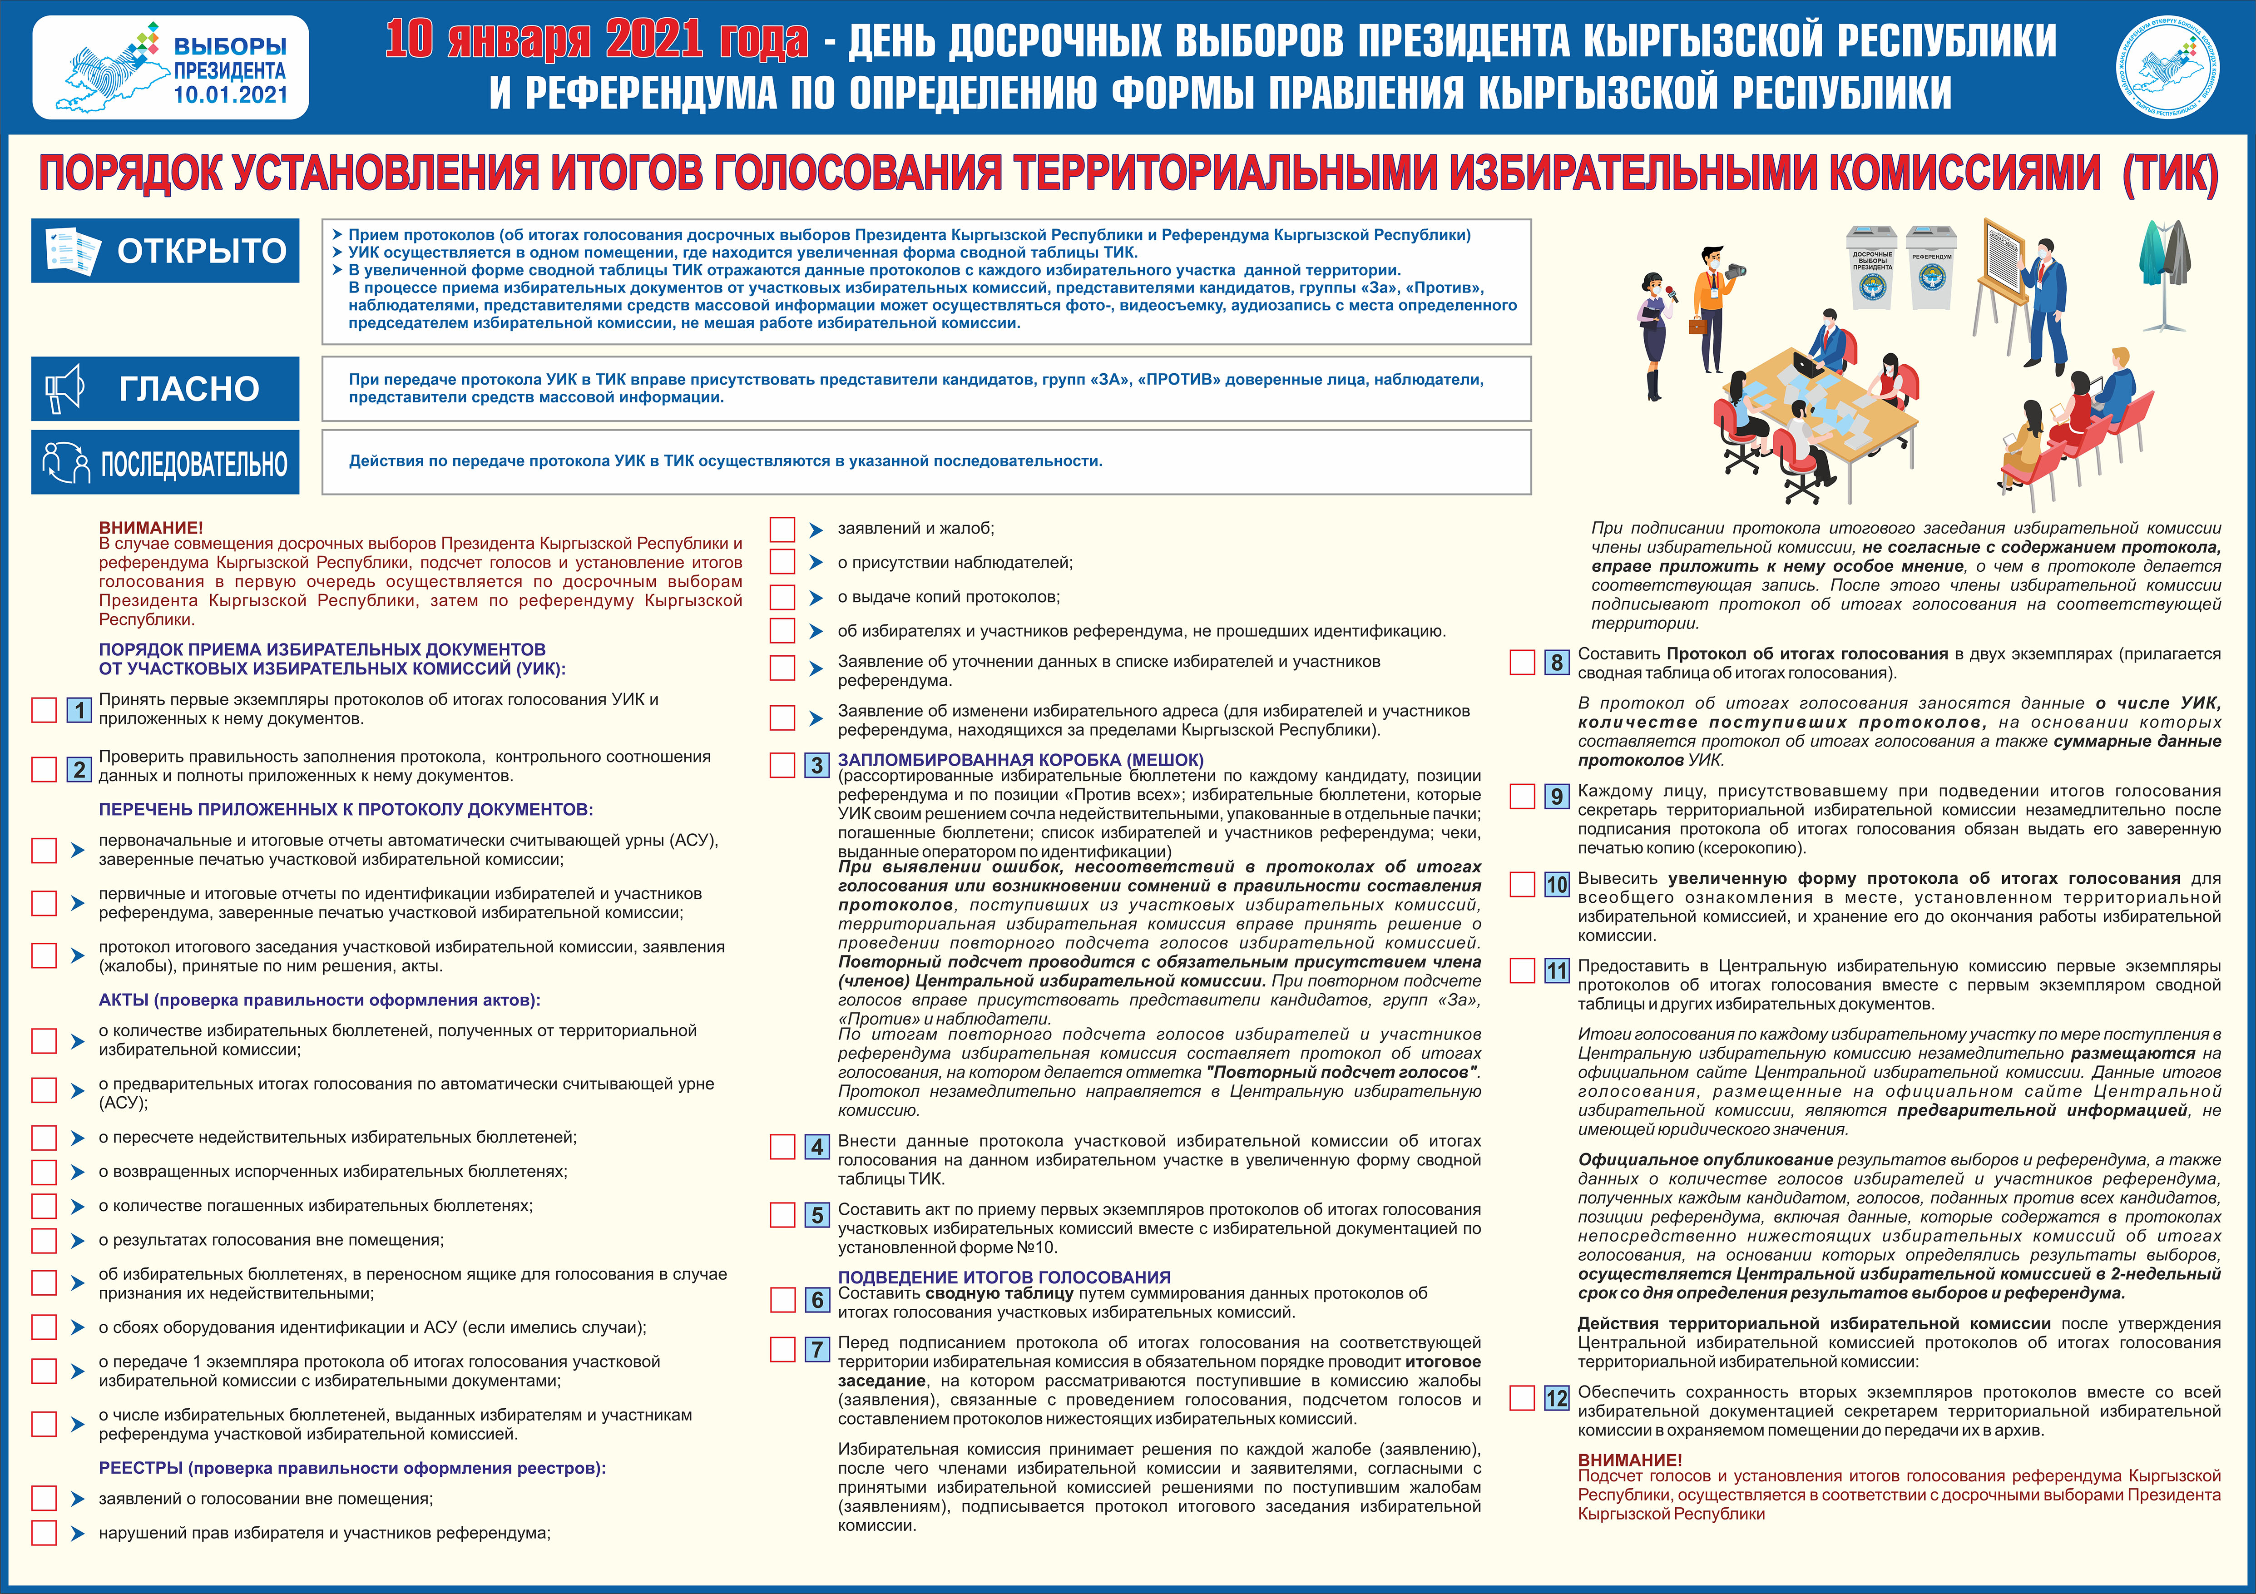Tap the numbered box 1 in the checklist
(x=79, y=709)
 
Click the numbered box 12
(x=1556, y=1397)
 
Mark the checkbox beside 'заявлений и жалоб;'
(x=782, y=530)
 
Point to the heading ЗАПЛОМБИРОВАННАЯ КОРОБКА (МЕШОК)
(x=1020, y=760)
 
